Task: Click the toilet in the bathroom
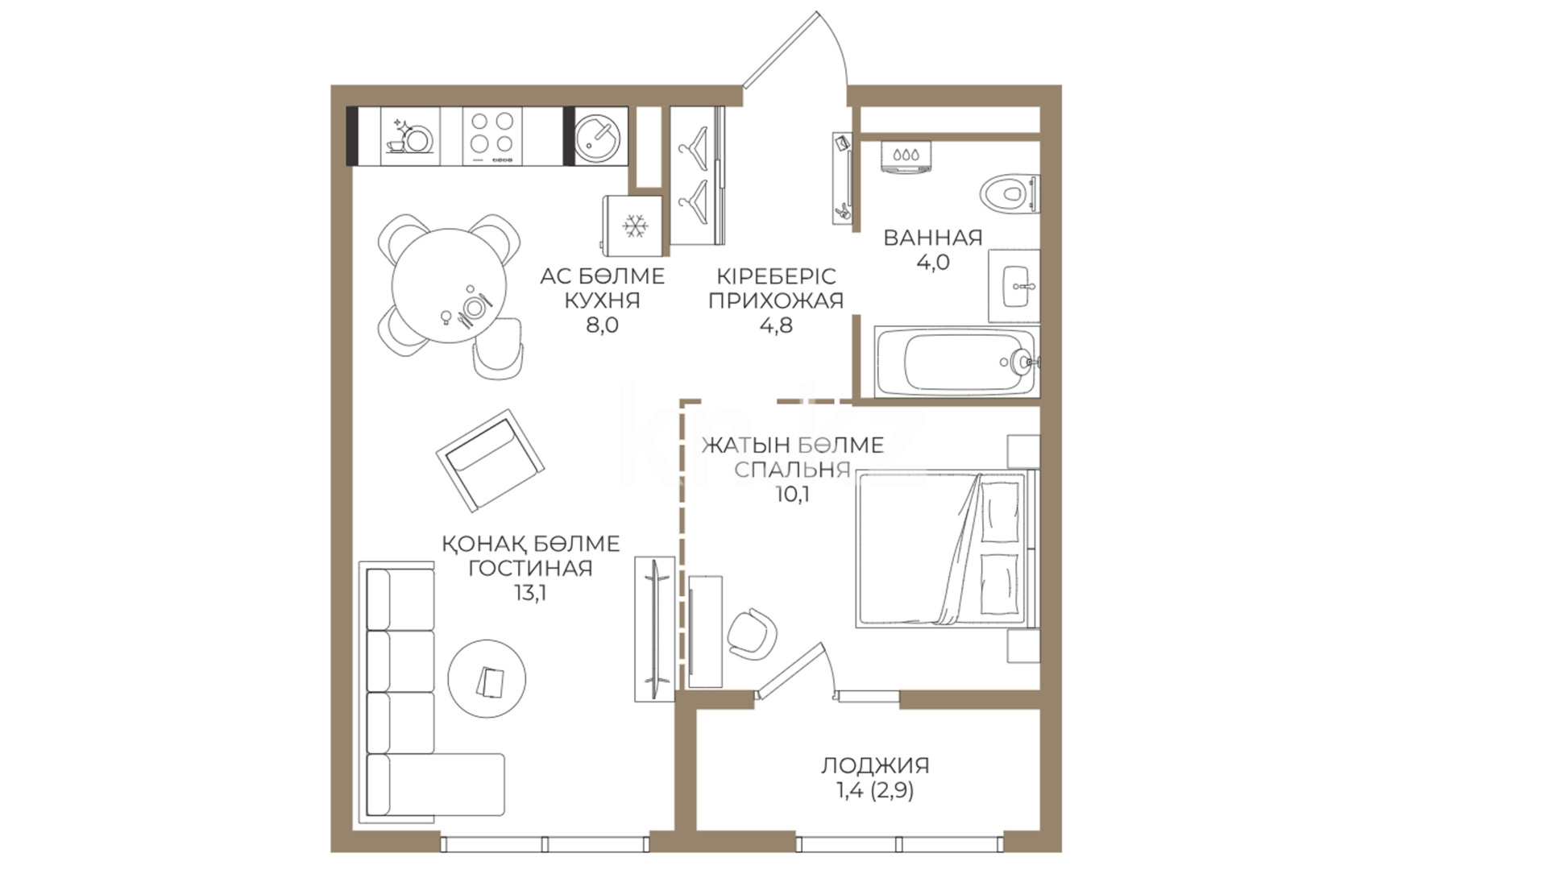pyautogui.click(x=1008, y=193)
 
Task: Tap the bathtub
pyautogui.click(x=957, y=362)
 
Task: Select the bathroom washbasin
pyautogui.click(x=1014, y=286)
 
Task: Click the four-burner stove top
pyautogui.click(x=492, y=136)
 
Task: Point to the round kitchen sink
pyautogui.click(x=597, y=136)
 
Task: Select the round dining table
pyautogui.click(x=450, y=287)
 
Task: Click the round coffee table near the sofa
pyautogui.click(x=487, y=679)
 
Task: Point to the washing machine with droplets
pyautogui.click(x=906, y=156)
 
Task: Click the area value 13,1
pyautogui.click(x=530, y=593)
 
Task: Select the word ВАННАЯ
pyautogui.click(x=933, y=238)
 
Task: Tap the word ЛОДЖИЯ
pyautogui.click(x=875, y=765)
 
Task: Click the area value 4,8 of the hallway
pyautogui.click(x=776, y=325)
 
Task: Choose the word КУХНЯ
pyautogui.click(x=602, y=301)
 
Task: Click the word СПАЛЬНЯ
pyautogui.click(x=793, y=470)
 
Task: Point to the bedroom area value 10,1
pyautogui.click(x=793, y=495)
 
